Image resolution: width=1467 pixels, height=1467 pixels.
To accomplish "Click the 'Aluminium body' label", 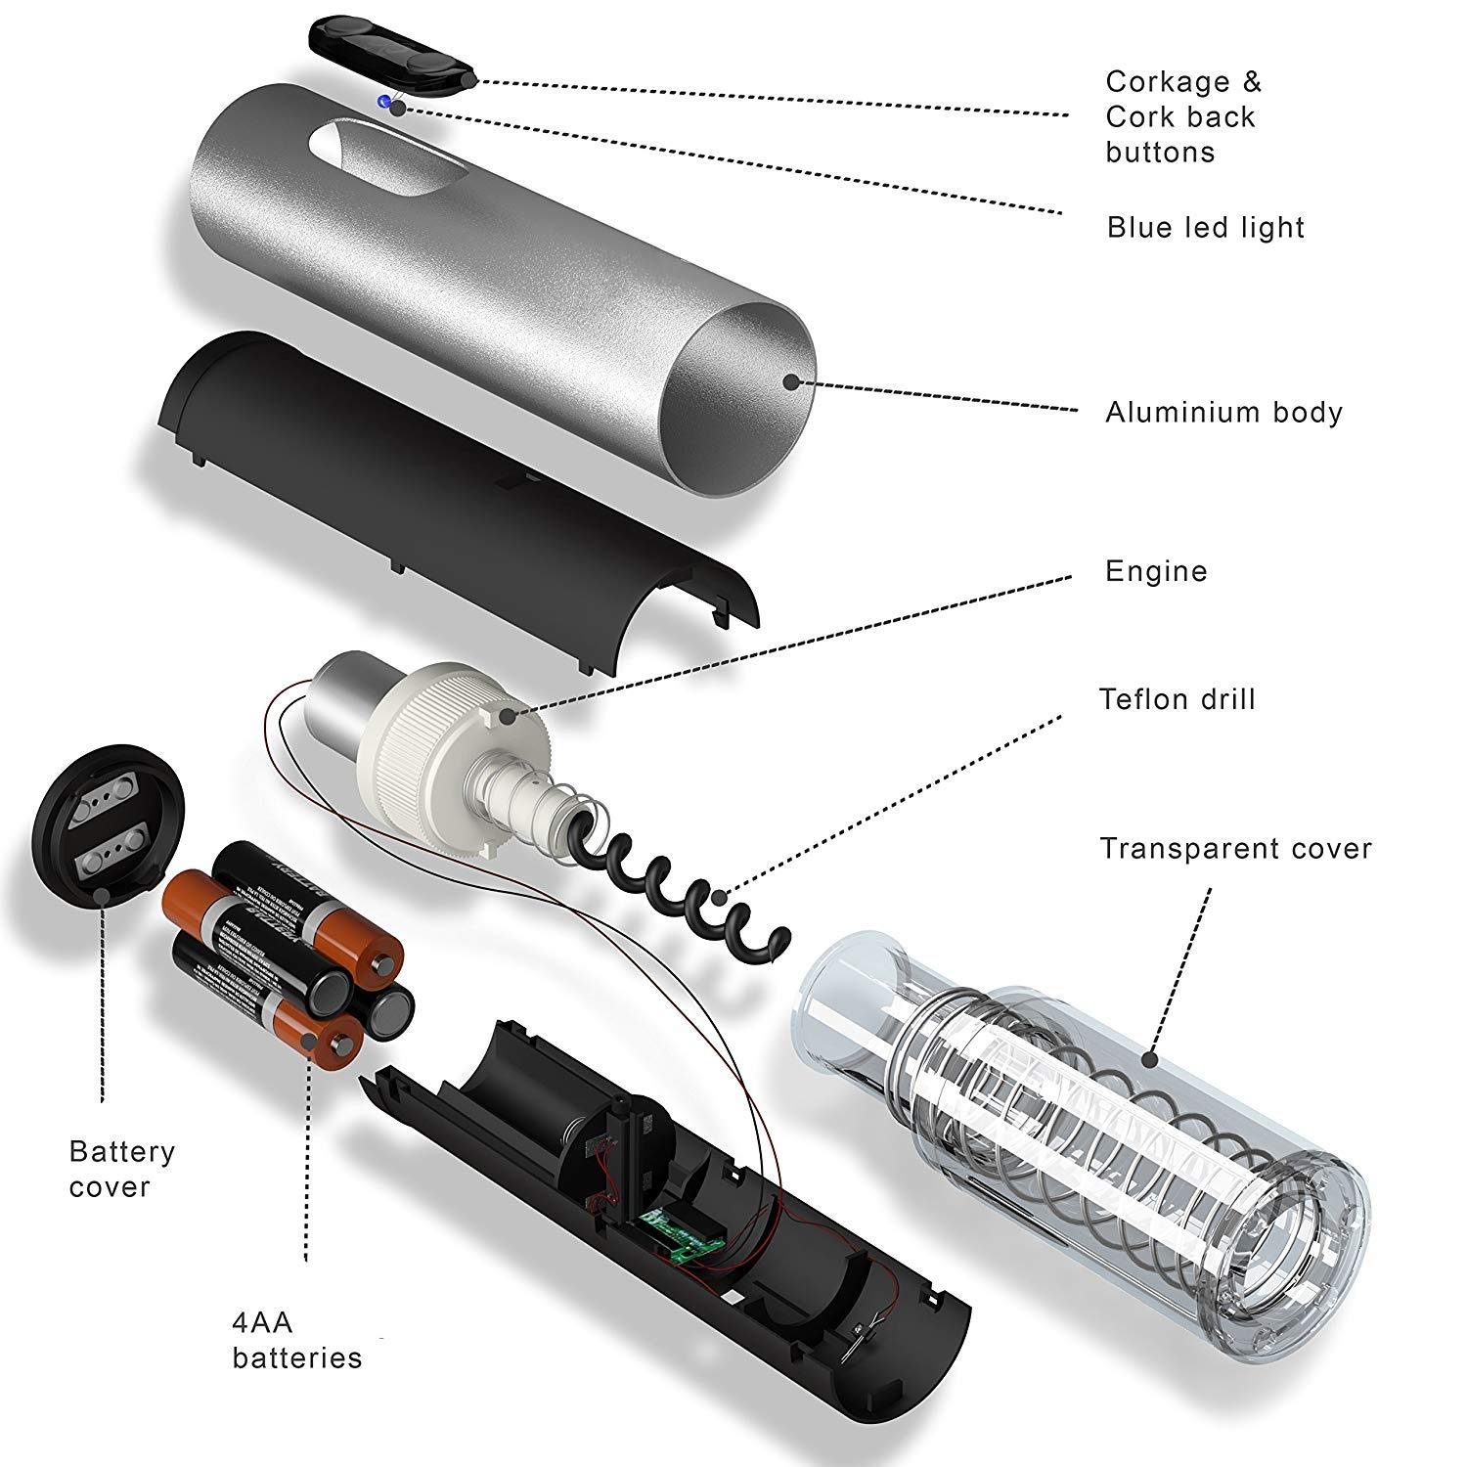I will (1223, 412).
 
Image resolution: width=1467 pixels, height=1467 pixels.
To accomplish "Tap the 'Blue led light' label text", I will (1206, 227).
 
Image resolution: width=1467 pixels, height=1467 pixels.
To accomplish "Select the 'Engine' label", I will (1156, 571).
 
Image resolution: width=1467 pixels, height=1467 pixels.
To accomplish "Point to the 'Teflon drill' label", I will (1177, 699).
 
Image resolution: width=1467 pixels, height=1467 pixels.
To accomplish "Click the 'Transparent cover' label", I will (1235, 848).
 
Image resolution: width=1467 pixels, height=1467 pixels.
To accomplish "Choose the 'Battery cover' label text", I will (121, 1169).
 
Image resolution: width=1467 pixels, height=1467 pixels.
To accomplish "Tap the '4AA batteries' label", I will (296, 1340).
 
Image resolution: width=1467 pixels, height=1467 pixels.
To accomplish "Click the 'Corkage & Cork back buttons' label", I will (1183, 116).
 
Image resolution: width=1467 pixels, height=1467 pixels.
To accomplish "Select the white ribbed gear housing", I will (440, 743).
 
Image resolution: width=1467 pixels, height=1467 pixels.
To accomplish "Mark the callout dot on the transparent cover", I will (1151, 1057).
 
